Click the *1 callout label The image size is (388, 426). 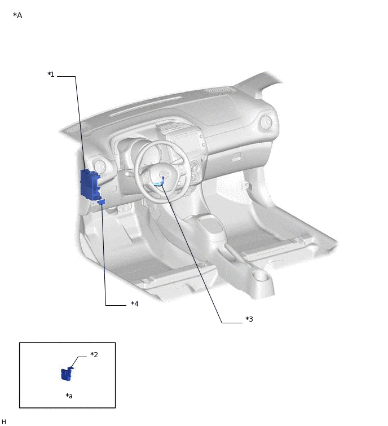pos(51,74)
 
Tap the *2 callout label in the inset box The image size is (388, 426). pos(94,354)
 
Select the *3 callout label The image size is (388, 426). pos(249,319)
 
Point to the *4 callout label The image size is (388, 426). pos(135,304)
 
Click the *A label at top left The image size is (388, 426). pos(17,15)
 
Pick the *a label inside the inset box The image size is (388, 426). pos(69,396)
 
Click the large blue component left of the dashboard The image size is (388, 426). pos(90,184)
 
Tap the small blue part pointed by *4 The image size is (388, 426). pos(102,201)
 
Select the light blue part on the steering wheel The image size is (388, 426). pos(159,183)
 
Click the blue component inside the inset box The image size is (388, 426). pos(67,374)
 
